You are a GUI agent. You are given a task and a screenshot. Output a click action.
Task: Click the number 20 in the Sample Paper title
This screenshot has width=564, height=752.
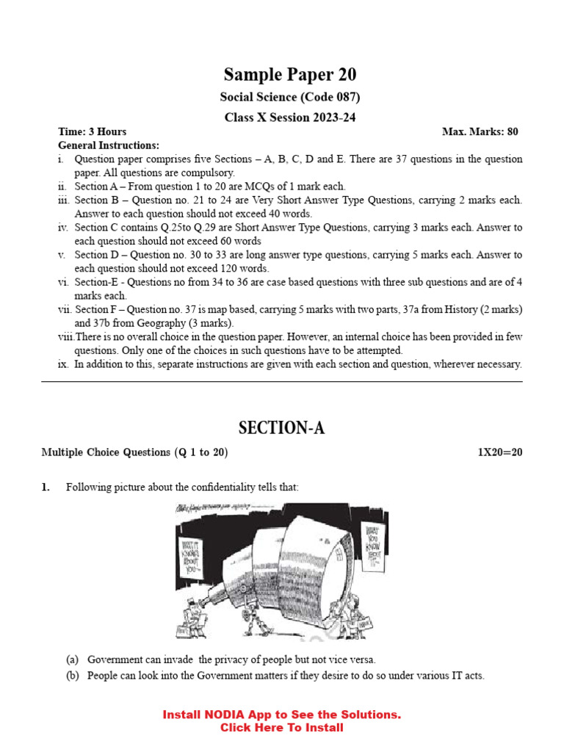click(x=347, y=75)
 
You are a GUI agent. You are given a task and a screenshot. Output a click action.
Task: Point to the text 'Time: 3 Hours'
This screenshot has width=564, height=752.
click(x=93, y=132)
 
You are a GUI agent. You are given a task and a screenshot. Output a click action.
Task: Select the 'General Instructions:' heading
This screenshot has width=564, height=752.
click(x=109, y=145)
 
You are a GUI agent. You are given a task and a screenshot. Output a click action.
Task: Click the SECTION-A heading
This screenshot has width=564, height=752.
click(x=282, y=429)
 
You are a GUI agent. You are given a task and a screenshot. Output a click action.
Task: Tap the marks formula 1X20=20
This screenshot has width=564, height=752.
click(x=500, y=452)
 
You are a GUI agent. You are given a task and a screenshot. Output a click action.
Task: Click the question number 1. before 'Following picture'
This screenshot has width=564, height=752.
click(x=46, y=487)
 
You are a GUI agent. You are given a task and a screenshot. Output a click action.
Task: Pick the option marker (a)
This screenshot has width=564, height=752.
click(x=73, y=659)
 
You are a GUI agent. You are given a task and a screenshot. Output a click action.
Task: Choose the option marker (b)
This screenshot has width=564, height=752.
click(x=73, y=676)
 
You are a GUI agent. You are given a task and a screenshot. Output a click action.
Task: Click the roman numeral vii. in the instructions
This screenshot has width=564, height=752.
click(x=65, y=310)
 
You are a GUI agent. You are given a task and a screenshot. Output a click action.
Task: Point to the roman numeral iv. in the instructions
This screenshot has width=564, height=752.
click(x=63, y=228)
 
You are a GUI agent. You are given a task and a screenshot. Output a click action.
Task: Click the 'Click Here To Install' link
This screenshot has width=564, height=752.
click(x=282, y=728)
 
